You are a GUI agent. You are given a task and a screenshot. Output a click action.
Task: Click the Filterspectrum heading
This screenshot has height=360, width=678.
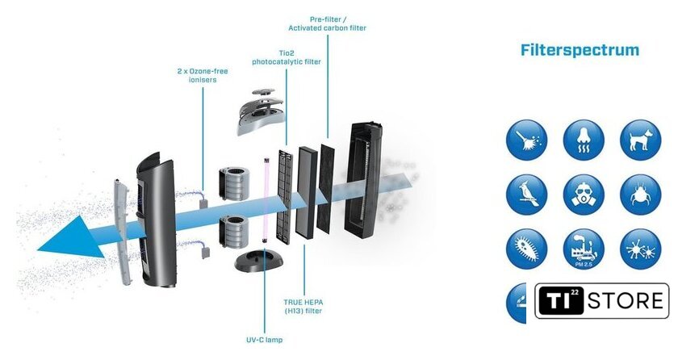point(580,50)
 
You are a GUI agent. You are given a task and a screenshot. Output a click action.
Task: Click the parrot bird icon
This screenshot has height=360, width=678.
point(527,194)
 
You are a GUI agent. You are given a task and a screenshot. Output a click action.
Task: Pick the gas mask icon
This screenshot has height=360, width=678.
point(584,194)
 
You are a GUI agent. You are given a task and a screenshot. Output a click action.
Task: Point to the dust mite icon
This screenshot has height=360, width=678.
point(640,194)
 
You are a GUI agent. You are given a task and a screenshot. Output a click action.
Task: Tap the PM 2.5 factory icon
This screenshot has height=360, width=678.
point(584,249)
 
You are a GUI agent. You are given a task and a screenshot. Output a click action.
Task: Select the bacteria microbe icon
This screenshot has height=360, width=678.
point(527,249)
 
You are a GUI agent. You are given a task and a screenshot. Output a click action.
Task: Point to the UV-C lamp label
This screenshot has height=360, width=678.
point(263,339)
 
